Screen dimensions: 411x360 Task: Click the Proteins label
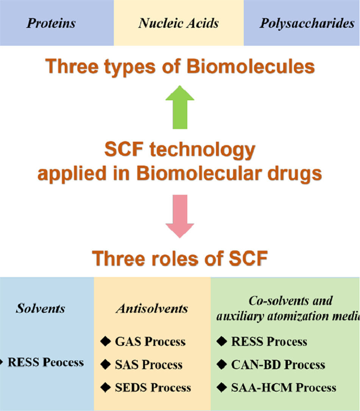(51, 23)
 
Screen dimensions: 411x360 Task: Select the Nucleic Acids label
(179, 23)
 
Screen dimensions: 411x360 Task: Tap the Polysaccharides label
(307, 23)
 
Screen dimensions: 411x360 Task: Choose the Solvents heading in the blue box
(41, 308)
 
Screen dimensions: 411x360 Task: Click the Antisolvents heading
(151, 308)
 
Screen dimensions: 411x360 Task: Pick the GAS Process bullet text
(150, 342)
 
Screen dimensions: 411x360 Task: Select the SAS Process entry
(148, 364)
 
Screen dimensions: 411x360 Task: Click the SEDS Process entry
(153, 388)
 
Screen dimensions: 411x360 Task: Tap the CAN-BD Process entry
(278, 364)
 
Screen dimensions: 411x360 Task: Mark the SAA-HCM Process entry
(283, 388)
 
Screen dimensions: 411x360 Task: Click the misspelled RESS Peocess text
(45, 362)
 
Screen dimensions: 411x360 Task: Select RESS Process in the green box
(269, 342)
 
